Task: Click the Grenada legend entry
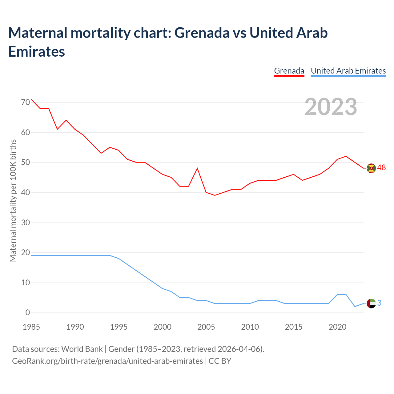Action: tap(289, 71)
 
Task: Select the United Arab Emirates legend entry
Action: tap(348, 71)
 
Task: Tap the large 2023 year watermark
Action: tap(331, 107)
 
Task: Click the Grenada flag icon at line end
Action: tap(372, 168)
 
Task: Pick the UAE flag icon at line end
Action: tap(372, 304)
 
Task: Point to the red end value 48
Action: tap(381, 168)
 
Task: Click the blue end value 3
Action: tap(379, 303)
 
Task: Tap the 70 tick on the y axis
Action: tap(26, 102)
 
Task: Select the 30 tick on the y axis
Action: tap(26, 223)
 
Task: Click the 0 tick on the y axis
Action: tap(28, 313)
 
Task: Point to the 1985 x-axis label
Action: tap(31, 327)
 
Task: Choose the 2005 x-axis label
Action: tap(206, 327)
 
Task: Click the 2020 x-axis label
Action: tap(337, 327)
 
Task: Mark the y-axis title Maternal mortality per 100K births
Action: tap(13, 200)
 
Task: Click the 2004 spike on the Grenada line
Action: tap(197, 168)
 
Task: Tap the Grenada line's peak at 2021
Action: tap(346, 156)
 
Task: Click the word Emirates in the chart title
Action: tap(37, 52)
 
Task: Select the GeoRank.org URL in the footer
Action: tap(107, 361)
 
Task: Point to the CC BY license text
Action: tap(220, 361)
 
